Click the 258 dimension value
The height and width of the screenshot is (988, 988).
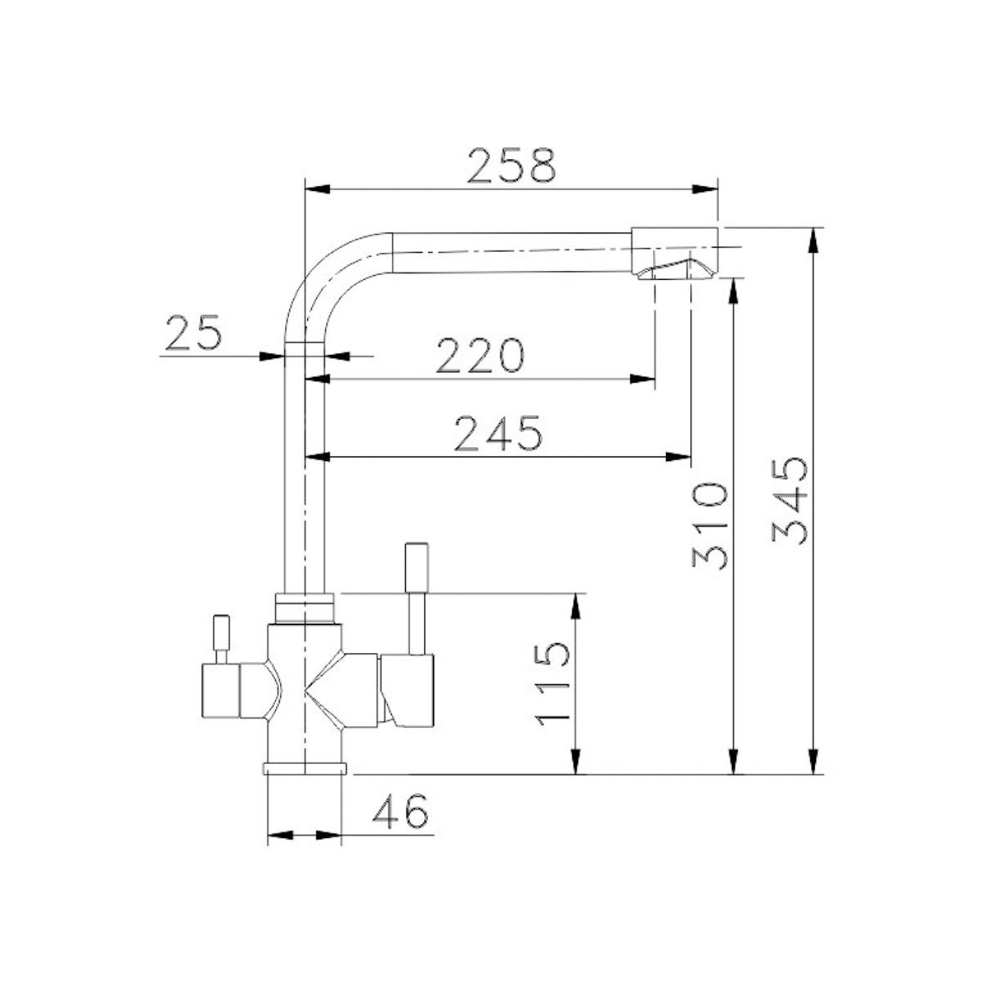pyautogui.click(x=511, y=165)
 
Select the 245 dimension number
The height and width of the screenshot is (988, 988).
pyautogui.click(x=500, y=434)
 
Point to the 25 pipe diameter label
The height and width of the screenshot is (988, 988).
pyautogui.click(x=194, y=333)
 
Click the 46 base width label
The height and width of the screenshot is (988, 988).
pyautogui.click(x=400, y=813)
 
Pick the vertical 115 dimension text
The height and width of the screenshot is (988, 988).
pyautogui.click(x=551, y=683)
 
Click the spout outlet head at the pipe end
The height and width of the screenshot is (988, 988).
pyautogui.click(x=674, y=253)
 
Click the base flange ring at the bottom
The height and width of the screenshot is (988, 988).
pyautogui.click(x=305, y=769)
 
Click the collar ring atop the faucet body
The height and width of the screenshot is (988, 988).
pyautogui.click(x=305, y=608)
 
